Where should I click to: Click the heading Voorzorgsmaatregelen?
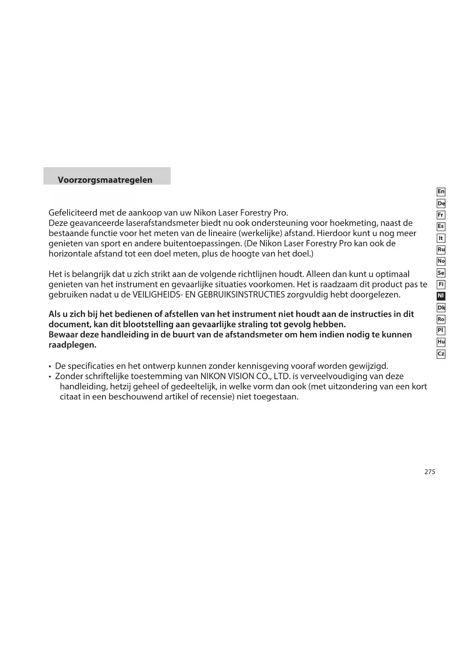pyautogui.click(x=105, y=180)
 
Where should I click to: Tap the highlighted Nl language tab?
pyautogui.click(x=441, y=296)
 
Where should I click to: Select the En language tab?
pyautogui.click(x=441, y=192)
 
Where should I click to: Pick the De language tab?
pyautogui.click(x=441, y=203)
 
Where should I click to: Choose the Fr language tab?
pyautogui.click(x=441, y=215)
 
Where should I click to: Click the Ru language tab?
pyautogui.click(x=441, y=249)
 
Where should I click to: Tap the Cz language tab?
pyautogui.click(x=441, y=354)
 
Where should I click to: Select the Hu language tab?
pyautogui.click(x=441, y=342)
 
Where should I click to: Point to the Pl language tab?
pyautogui.click(x=441, y=331)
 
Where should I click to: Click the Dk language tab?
pyautogui.click(x=441, y=308)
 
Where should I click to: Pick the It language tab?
pyautogui.click(x=441, y=238)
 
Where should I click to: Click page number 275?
pyautogui.click(x=430, y=472)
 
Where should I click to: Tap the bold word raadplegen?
pyautogui.click(x=72, y=345)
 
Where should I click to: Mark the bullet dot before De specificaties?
pyautogui.click(x=50, y=367)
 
